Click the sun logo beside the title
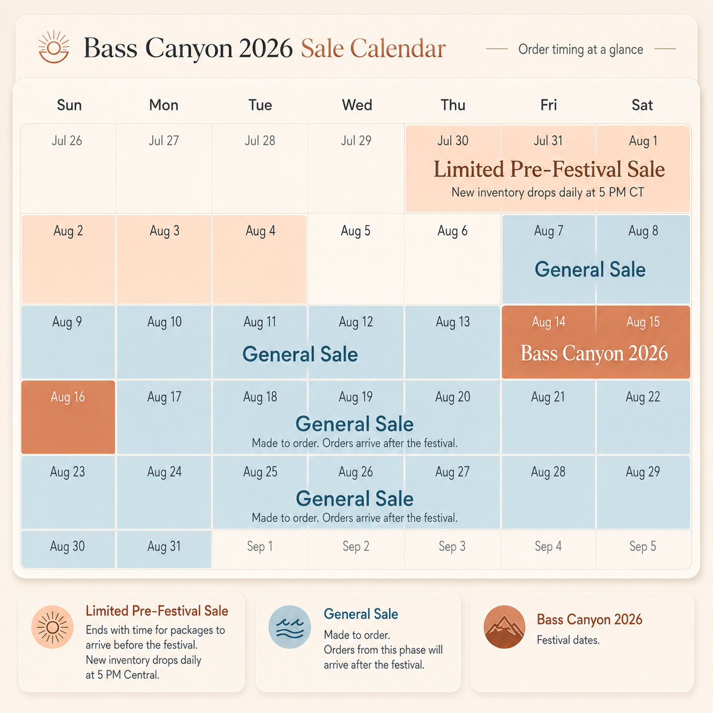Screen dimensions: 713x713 point(53,47)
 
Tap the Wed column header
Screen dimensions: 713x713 point(356,105)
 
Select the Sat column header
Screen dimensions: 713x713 point(642,105)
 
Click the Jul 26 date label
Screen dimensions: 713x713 point(67,140)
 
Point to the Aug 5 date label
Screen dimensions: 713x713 point(355,231)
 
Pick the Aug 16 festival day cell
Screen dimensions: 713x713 point(68,417)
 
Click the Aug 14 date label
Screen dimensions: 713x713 point(548,322)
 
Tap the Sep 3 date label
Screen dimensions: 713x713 point(452,546)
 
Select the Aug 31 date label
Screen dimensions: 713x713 point(164,546)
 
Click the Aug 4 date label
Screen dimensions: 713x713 point(260,231)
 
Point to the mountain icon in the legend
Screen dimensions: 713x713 point(504,627)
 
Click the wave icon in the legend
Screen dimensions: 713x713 point(290,627)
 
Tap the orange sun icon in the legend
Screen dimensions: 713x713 point(52,627)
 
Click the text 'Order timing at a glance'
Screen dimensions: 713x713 point(581,49)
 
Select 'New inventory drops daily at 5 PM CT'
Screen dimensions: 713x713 point(548,192)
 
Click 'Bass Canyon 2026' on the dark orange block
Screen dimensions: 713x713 point(594,353)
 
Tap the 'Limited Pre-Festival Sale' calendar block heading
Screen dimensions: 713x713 point(549,169)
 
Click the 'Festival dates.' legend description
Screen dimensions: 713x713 point(568,640)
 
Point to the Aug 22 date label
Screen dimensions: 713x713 point(642,397)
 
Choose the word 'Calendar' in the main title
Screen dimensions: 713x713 point(398,48)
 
